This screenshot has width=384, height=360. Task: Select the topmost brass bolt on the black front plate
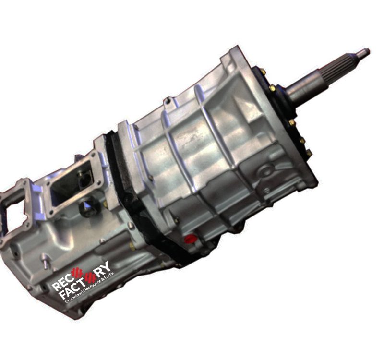point(263,72)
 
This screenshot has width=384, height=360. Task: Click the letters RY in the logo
point(102,268)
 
